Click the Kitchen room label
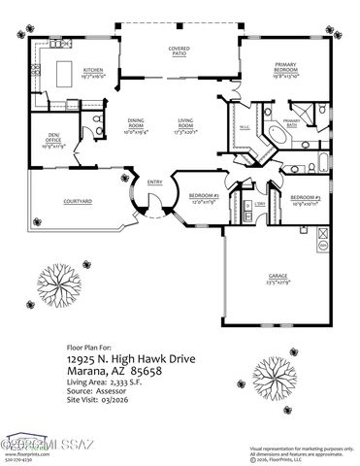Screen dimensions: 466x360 point(93,71)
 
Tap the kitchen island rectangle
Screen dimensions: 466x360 point(65,72)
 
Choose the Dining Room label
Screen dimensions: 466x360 point(135,122)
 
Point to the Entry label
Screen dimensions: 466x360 point(154,182)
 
